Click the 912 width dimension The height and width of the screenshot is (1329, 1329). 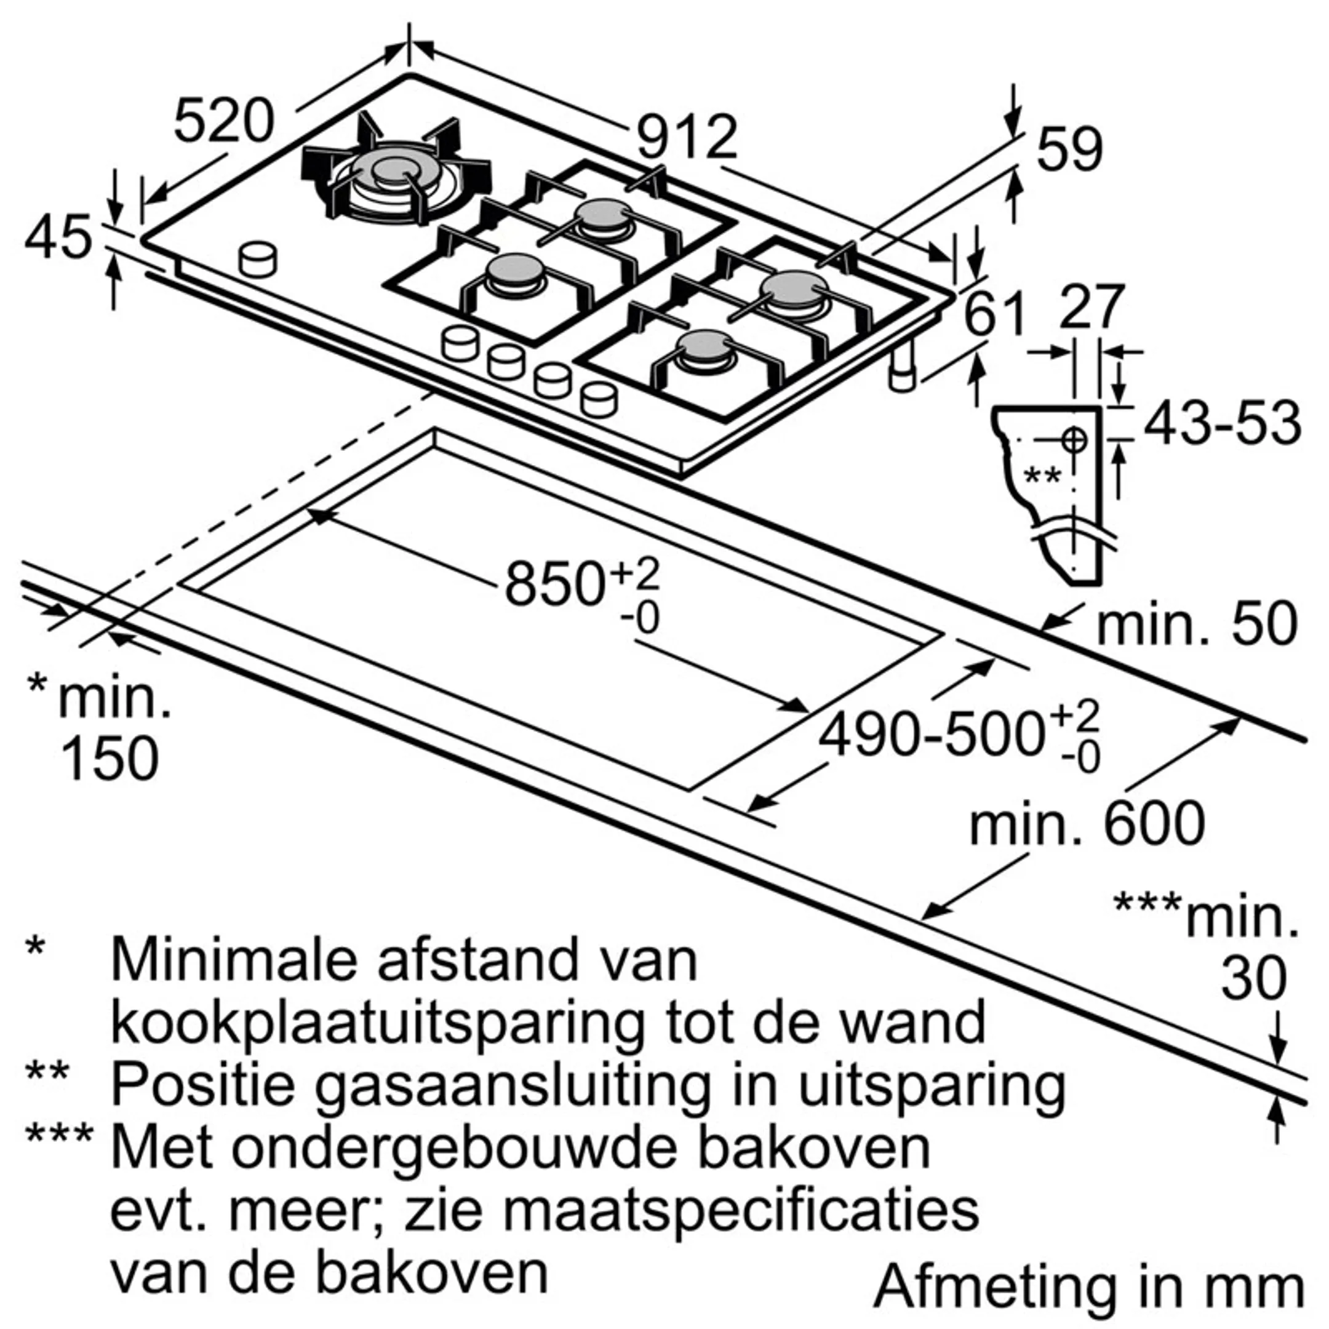pyautogui.click(x=687, y=138)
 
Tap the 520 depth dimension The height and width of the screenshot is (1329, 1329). pyautogui.click(x=223, y=122)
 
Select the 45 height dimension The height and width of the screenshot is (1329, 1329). pyautogui.click(x=58, y=237)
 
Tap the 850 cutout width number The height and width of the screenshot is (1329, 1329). pyautogui.click(x=554, y=583)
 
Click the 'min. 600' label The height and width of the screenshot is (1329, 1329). pyautogui.click(x=1087, y=823)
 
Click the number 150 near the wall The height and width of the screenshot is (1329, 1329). pyautogui.click(x=110, y=758)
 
